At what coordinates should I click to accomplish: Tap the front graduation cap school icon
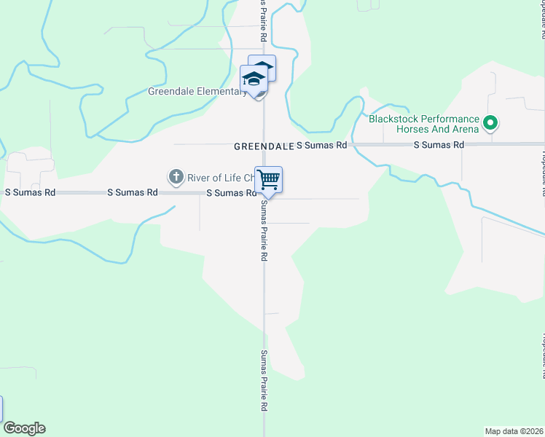pyautogui.click(x=254, y=79)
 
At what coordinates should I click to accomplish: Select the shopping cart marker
pyautogui.click(x=269, y=179)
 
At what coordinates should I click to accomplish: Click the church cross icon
pyautogui.click(x=176, y=176)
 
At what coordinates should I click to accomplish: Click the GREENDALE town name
pyautogui.click(x=263, y=146)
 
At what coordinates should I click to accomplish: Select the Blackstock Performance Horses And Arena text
pyautogui.click(x=423, y=124)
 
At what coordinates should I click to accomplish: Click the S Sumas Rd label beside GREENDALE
pyautogui.click(x=321, y=146)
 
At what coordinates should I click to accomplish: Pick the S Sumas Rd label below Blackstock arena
pyautogui.click(x=439, y=146)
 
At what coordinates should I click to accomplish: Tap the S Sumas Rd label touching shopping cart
pyautogui.click(x=232, y=193)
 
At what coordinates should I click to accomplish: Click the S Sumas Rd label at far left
pyautogui.click(x=30, y=193)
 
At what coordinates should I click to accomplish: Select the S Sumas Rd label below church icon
pyautogui.click(x=133, y=193)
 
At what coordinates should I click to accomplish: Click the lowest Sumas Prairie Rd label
pyautogui.click(x=264, y=391)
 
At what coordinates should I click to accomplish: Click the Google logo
pyautogui.click(x=24, y=428)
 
